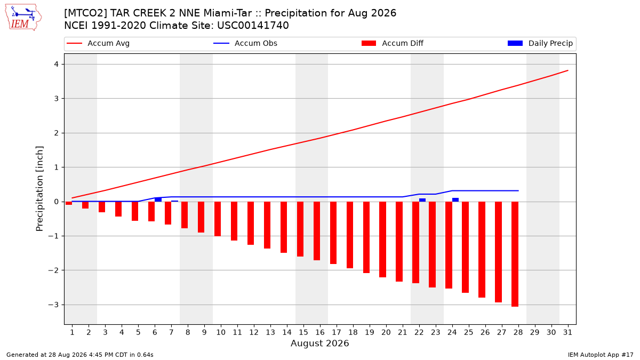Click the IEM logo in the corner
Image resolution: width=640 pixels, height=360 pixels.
23,18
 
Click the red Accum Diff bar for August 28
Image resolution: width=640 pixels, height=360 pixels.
515,254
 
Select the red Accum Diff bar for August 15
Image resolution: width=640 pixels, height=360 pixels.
300,229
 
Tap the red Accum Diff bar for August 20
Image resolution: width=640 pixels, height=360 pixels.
382,239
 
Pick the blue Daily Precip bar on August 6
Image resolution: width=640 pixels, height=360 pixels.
158,199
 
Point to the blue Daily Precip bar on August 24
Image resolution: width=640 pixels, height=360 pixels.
455,199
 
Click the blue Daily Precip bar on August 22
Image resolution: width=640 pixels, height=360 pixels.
422,200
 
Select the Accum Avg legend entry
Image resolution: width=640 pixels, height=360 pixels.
98,43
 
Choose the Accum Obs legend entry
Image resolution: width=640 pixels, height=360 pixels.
245,43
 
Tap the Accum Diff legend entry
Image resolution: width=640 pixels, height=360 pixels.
393,43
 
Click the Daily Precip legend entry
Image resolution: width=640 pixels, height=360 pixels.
540,43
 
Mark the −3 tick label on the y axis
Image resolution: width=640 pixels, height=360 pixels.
53,305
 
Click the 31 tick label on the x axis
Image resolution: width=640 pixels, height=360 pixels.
567,332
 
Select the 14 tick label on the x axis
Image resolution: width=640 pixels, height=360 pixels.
287,332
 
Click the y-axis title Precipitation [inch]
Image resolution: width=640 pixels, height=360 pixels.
39,189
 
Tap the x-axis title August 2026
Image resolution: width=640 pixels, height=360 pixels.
319,343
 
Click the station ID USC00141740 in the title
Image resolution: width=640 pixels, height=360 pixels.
253,26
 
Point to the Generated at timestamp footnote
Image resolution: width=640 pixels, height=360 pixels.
79,355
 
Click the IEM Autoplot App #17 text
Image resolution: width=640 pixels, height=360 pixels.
601,355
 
